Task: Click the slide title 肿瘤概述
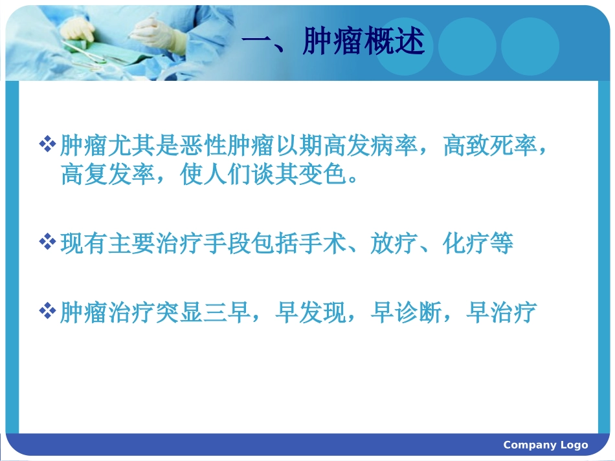[x=363, y=43]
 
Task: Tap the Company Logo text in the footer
[x=545, y=445]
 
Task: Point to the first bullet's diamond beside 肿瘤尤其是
[x=48, y=144]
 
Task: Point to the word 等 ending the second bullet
[x=502, y=244]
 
